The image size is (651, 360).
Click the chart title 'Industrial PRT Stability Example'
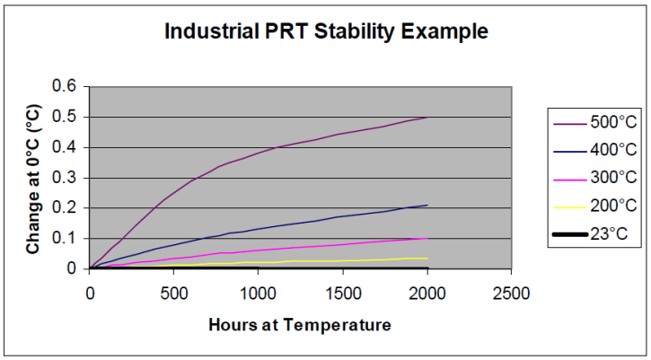(x=326, y=32)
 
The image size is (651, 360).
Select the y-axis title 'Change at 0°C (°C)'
(x=32, y=177)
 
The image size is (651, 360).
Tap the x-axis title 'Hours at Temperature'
(x=301, y=325)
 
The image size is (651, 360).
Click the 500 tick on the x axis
(x=173, y=293)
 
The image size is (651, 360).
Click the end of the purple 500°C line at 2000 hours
(x=427, y=118)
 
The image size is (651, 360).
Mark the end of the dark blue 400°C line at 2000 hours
(x=427, y=206)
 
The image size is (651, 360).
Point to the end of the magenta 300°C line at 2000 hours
(x=427, y=238)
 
